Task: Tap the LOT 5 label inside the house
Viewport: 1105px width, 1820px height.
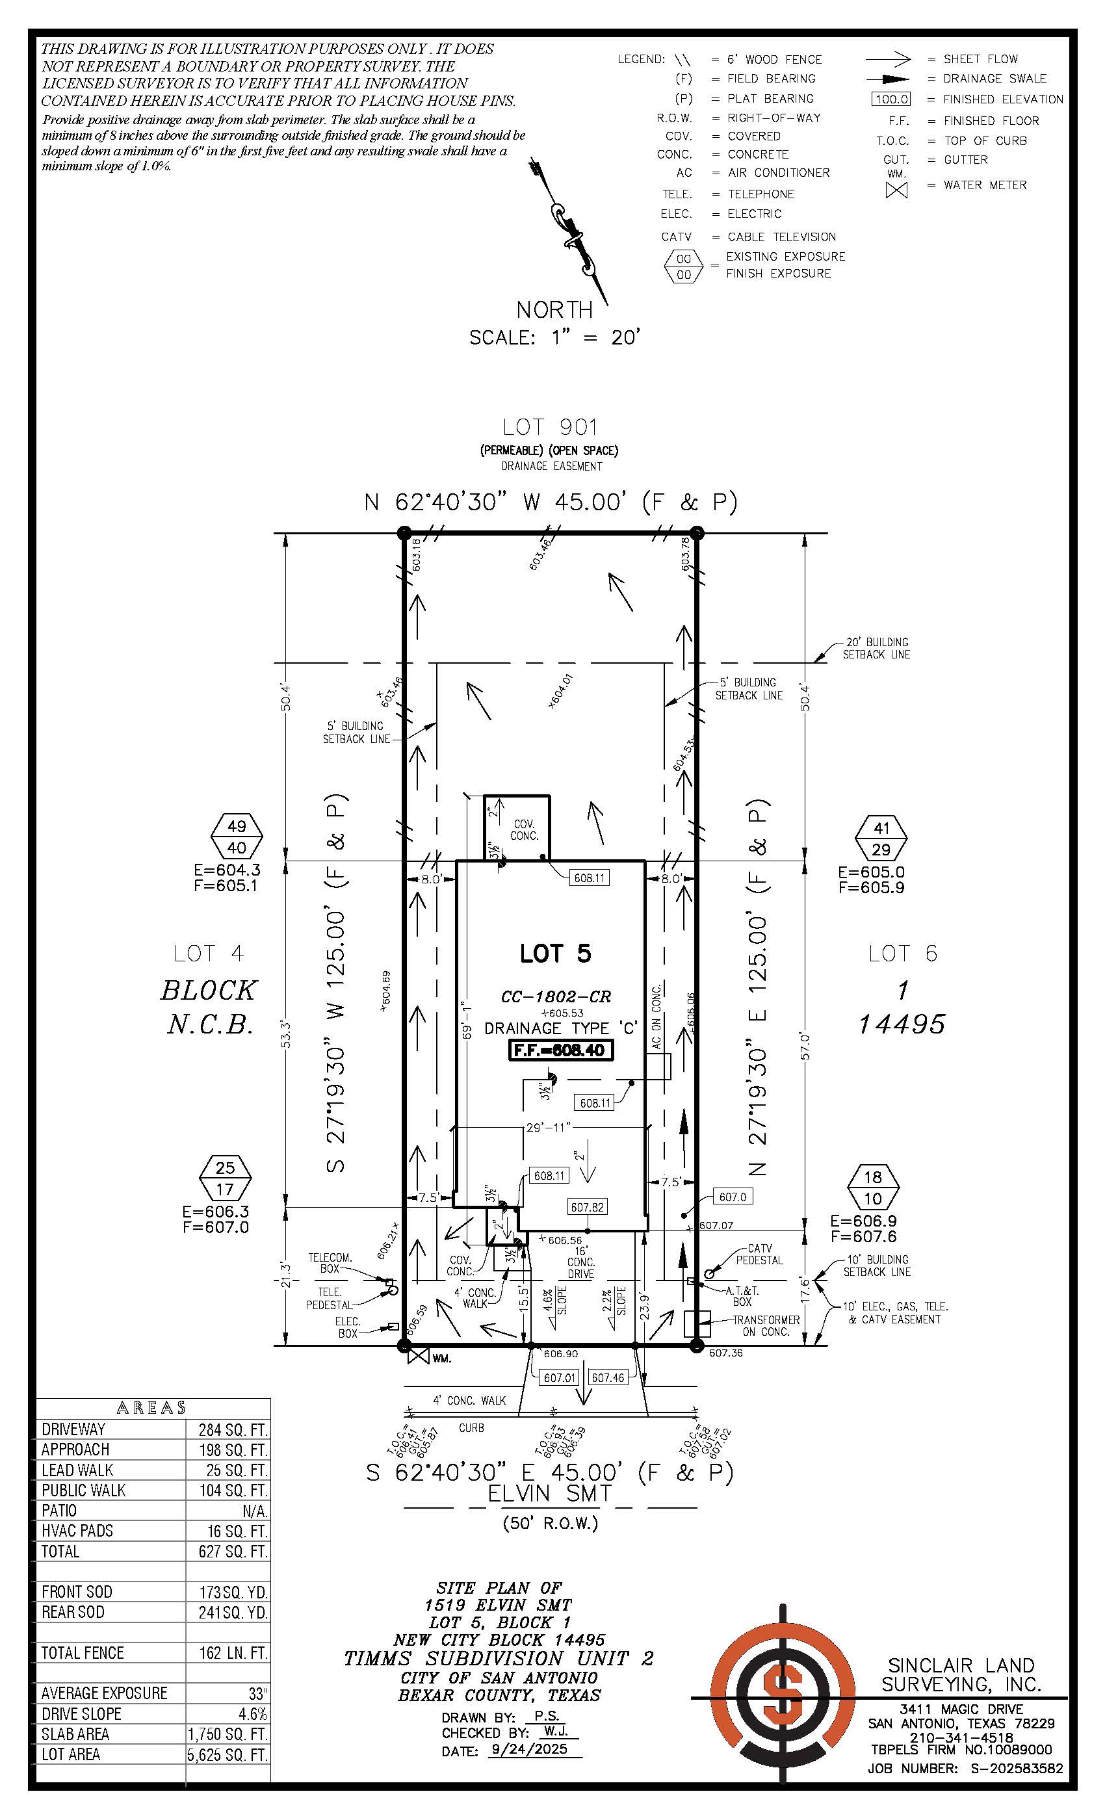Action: click(556, 954)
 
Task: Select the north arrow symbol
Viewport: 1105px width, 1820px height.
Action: click(569, 231)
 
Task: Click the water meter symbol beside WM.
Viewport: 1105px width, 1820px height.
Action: click(419, 1356)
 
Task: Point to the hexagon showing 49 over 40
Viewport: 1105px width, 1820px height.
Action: click(237, 837)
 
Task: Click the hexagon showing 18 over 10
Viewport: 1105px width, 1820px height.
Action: click(872, 1188)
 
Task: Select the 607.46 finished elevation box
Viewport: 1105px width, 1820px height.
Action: click(608, 1377)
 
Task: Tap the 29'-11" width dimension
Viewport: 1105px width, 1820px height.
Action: click(548, 1127)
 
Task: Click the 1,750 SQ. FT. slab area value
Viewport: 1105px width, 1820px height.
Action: click(228, 1734)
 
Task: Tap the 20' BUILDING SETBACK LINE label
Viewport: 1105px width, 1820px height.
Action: click(876, 649)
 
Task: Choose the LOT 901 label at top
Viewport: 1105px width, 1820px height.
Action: click(551, 427)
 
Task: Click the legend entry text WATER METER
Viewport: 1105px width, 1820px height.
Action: click(985, 185)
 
